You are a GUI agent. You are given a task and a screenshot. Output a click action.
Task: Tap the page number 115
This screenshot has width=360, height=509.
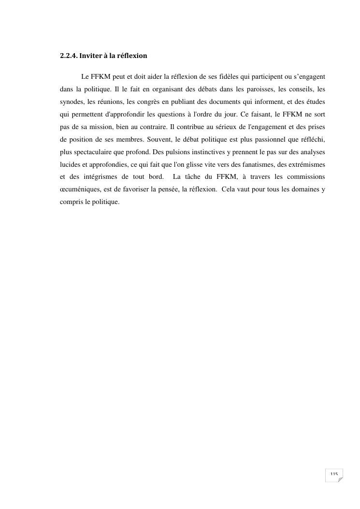click(334, 475)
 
